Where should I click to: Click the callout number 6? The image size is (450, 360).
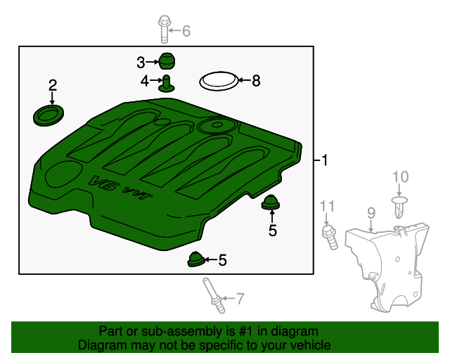coord(186,31)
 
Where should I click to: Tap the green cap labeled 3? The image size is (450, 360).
coord(166,61)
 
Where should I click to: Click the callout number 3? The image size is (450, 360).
coord(141,62)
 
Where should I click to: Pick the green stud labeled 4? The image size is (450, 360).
coord(167,84)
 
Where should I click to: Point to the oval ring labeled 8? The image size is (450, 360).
coord(217,82)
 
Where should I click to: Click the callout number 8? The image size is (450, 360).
coord(255,82)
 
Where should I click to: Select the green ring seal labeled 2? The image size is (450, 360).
coord(48,115)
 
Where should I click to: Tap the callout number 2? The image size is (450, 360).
coord(52,86)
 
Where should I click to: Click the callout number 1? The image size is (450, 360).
coord(324,160)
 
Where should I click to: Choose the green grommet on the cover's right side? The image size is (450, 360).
coord(271,204)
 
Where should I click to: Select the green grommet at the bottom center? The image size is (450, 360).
coord(195,259)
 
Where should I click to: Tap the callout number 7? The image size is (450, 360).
coord(240,299)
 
